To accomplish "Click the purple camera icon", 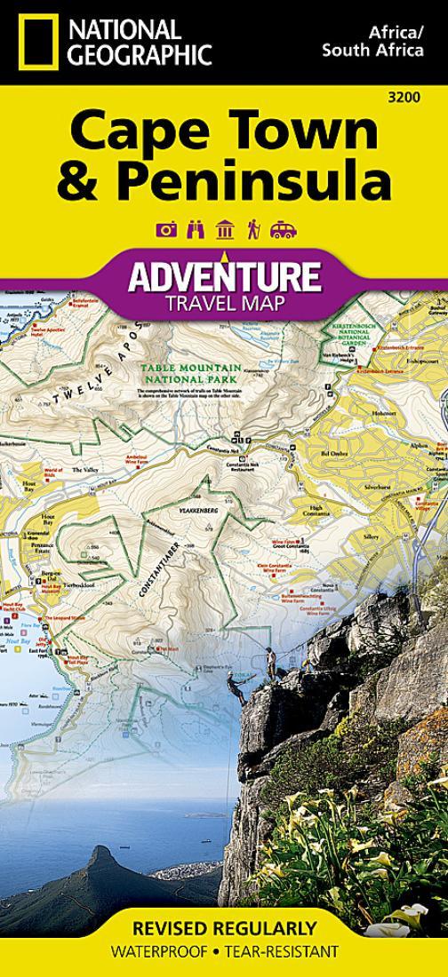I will tap(165, 230).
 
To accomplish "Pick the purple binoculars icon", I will tap(195, 230).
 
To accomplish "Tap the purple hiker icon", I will tap(253, 230).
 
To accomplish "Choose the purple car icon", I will tap(283, 230).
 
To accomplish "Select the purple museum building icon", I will tap(224, 230).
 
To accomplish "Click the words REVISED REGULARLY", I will tap(224, 930).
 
